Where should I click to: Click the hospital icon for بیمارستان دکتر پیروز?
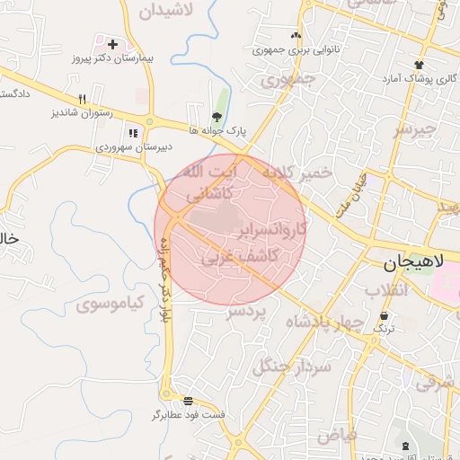(x=112, y=43)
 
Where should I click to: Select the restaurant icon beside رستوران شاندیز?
(x=82, y=99)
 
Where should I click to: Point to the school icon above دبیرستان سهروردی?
(x=133, y=134)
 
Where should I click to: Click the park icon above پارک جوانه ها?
(x=216, y=117)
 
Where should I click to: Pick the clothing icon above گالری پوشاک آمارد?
(x=419, y=64)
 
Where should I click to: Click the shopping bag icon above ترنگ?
(x=385, y=316)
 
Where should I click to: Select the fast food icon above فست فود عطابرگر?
(x=187, y=401)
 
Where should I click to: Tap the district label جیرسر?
(x=414, y=129)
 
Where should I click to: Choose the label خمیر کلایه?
(x=297, y=171)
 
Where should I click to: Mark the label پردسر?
(x=247, y=311)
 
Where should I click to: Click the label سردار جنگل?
(x=293, y=366)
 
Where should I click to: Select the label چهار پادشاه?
(x=324, y=323)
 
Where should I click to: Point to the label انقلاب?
(x=387, y=290)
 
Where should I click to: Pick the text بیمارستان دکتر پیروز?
(x=114, y=57)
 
